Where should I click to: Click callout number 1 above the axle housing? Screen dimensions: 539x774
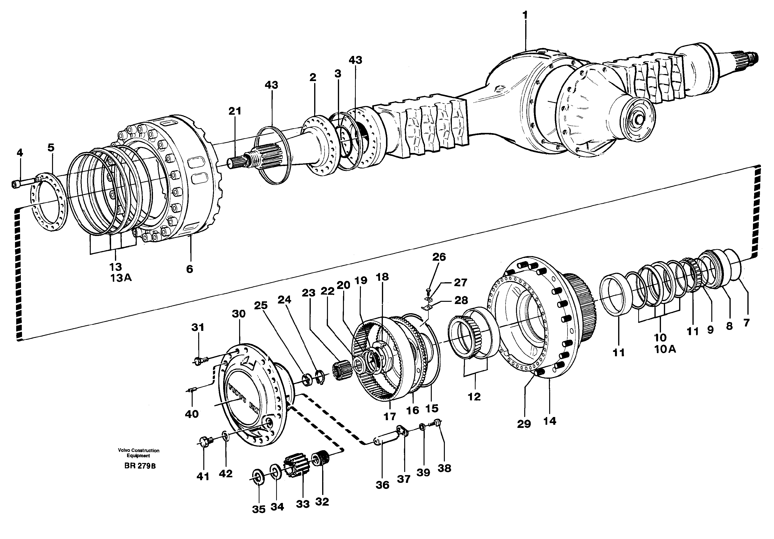coord(525,16)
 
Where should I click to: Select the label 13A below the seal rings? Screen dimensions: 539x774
coord(120,278)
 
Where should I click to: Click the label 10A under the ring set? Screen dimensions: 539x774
coord(665,349)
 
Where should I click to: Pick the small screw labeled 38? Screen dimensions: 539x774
coord(437,422)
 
